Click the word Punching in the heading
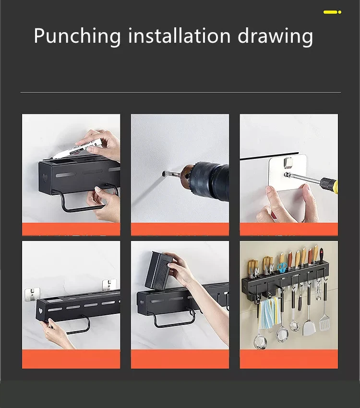pyautogui.click(x=77, y=36)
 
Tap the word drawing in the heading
pyautogui.click(x=275, y=36)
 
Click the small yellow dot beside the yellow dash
pyautogui.click(x=339, y=12)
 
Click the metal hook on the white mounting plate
pyautogui.click(x=289, y=162)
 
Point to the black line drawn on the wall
pyautogui.click(x=269, y=156)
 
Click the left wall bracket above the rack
pyautogui.click(x=32, y=294)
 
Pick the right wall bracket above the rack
pyautogui.click(x=109, y=285)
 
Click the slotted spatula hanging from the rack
pyautogui.click(x=324, y=323)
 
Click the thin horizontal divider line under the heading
pyautogui.click(x=180, y=92)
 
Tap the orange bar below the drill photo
pyautogui.click(x=180, y=229)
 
